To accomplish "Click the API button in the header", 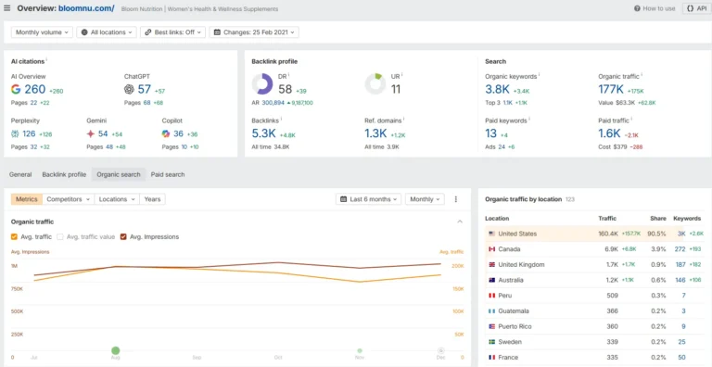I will pyautogui.click(x=695, y=8).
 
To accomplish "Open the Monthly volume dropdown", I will pyautogui.click(x=42, y=32).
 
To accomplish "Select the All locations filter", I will pyautogui.click(x=108, y=32).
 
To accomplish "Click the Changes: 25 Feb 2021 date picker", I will pyautogui.click(x=254, y=32).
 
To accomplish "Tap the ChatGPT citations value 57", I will pyautogui.click(x=144, y=90).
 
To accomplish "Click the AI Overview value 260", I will pyautogui.click(x=34, y=90).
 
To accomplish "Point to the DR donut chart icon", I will pyautogui.click(x=262, y=84).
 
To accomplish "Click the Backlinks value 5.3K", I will pyautogui.click(x=263, y=133).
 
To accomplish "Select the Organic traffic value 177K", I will pyautogui.click(x=610, y=90).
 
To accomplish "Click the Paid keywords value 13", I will pyautogui.click(x=491, y=133).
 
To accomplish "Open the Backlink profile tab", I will pyautogui.click(x=64, y=174).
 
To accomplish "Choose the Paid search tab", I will pyautogui.click(x=168, y=174).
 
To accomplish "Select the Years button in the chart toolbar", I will pyautogui.click(x=152, y=199).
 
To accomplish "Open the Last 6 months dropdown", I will pyautogui.click(x=369, y=199).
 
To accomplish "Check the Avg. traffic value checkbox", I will pyautogui.click(x=61, y=236).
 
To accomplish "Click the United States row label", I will pyautogui.click(x=517, y=234).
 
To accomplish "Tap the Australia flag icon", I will pyautogui.click(x=491, y=280).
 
